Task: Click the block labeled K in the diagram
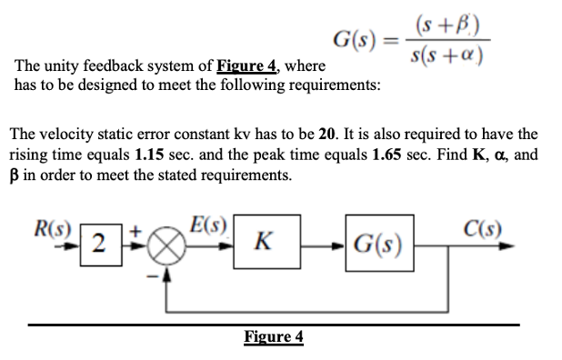pos(262,243)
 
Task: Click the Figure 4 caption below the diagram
pos(274,337)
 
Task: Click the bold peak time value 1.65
pos(389,154)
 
